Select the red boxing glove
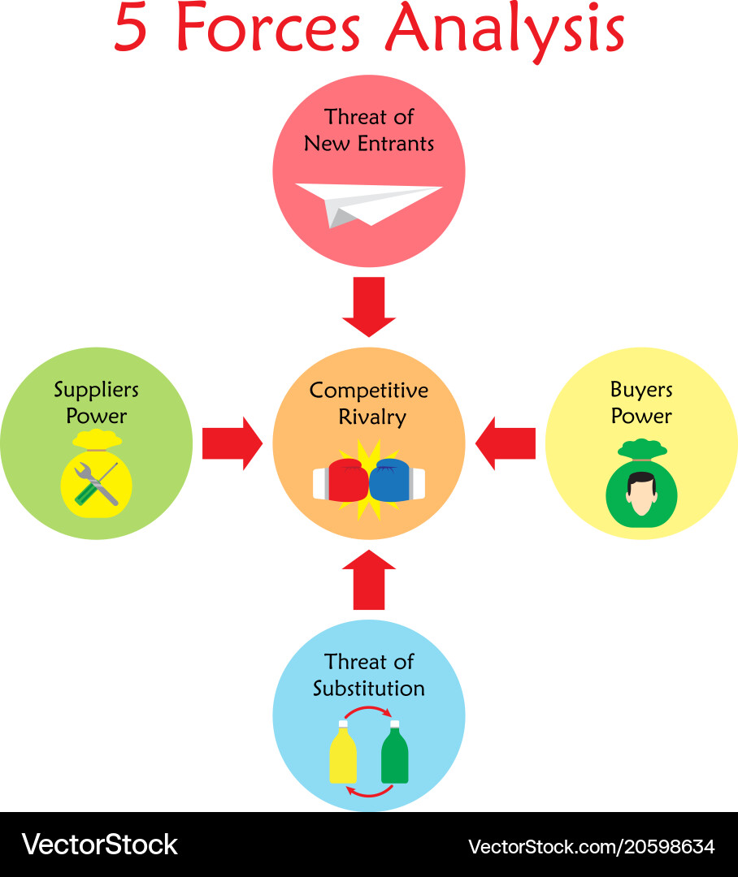pyautogui.click(x=345, y=480)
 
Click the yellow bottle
pyautogui.click(x=342, y=753)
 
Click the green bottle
pyautogui.click(x=395, y=753)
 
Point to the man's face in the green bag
pyautogui.click(x=641, y=494)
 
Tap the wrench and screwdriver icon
pyautogui.click(x=97, y=484)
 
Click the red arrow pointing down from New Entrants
pyautogui.click(x=369, y=307)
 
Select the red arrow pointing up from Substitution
pyautogui.click(x=369, y=579)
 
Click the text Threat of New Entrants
pyautogui.click(x=369, y=130)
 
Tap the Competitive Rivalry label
pyautogui.click(x=369, y=404)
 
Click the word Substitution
pyautogui.click(x=369, y=689)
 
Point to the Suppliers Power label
pyautogui.click(x=96, y=403)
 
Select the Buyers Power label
pyautogui.click(x=641, y=403)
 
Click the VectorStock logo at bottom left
pyautogui.click(x=99, y=845)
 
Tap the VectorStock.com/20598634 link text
pyautogui.click(x=591, y=846)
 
